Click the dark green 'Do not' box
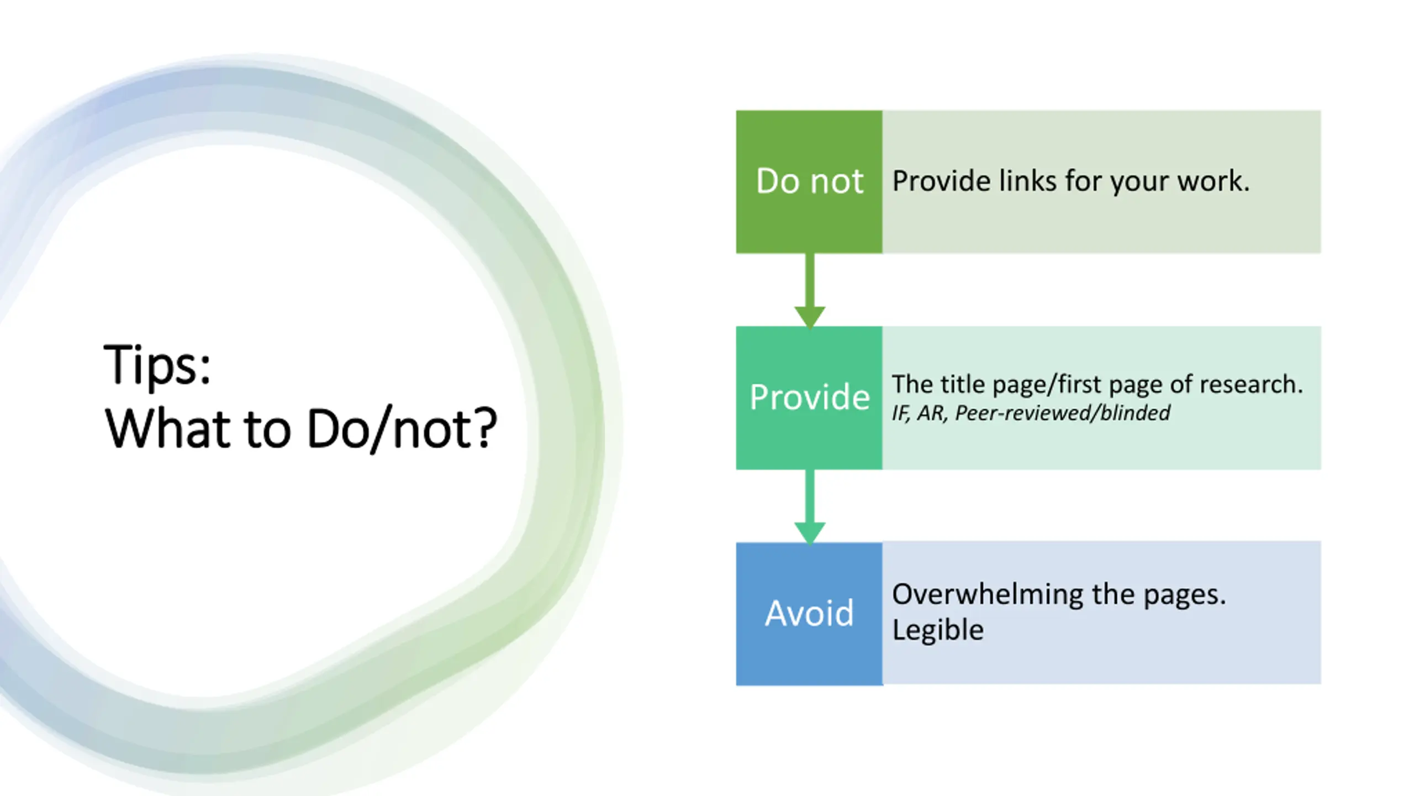point(809,182)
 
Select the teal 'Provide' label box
point(809,398)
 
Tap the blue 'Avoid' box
point(809,614)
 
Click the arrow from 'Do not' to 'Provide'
point(810,291)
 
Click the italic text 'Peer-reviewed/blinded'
point(1062,413)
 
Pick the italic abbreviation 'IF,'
point(901,413)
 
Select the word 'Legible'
point(938,630)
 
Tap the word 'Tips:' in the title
point(157,365)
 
